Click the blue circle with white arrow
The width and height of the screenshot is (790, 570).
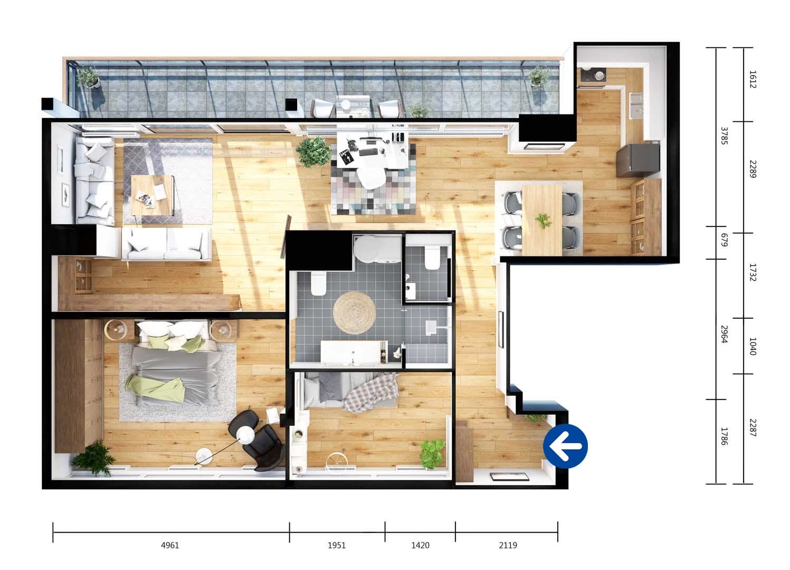(565, 446)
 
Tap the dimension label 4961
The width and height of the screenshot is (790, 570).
(170, 545)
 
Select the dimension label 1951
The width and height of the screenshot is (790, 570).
(337, 545)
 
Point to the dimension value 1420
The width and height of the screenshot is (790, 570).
(420, 545)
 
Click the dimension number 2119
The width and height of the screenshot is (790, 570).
(508, 545)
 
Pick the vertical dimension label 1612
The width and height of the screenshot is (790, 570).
(752, 79)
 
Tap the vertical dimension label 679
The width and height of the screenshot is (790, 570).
(724, 240)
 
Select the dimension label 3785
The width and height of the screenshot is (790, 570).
(724, 136)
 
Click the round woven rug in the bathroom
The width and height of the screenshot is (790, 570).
(354, 312)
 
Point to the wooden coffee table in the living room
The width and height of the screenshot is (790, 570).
(152, 195)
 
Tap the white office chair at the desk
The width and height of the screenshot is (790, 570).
(371, 177)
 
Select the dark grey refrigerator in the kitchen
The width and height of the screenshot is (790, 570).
(637, 159)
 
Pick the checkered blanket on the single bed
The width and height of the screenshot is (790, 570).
(371, 393)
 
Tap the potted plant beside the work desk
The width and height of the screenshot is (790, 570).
(313, 151)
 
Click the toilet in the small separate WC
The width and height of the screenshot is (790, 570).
(432, 257)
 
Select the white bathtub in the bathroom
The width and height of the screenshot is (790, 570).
(354, 351)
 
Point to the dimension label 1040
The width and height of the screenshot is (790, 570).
(752, 346)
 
